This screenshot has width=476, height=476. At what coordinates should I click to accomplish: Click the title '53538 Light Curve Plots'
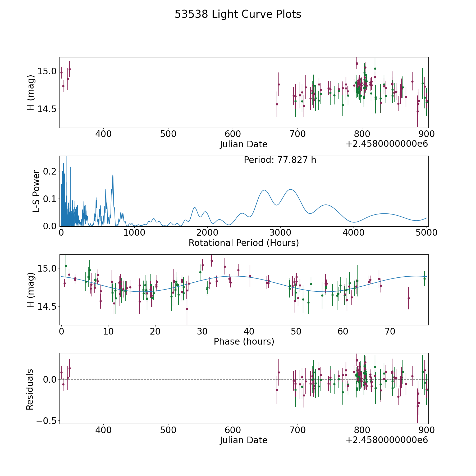(238, 14)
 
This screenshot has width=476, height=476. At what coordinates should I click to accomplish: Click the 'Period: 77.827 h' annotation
(280, 160)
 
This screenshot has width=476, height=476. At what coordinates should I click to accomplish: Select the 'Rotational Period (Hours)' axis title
(244, 243)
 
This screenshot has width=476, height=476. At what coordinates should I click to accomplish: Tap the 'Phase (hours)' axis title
(244, 341)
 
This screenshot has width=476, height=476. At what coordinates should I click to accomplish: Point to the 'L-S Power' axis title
(36, 191)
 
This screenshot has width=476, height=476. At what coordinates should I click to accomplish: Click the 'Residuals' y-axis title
(30, 389)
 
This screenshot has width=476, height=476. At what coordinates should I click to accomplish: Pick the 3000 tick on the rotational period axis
(280, 233)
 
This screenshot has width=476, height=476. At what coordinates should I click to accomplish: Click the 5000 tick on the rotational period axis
(427, 233)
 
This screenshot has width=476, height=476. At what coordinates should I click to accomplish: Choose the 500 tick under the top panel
(168, 134)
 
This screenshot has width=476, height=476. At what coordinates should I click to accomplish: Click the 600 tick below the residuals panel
(233, 430)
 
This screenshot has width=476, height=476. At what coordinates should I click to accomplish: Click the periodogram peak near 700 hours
(113, 175)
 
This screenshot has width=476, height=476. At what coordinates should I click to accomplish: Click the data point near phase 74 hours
(409, 298)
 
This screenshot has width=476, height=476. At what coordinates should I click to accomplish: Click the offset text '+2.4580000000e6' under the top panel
(387, 144)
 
